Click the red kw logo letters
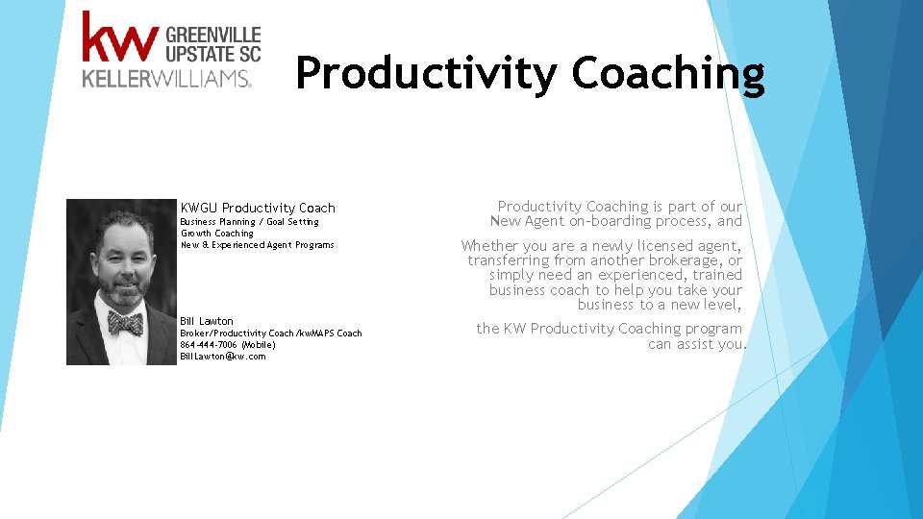coord(119,38)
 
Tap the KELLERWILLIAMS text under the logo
coord(166,79)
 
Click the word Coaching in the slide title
coord(668,73)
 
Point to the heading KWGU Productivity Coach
coord(258,208)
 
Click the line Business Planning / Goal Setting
coord(249,222)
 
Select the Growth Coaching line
coord(216,234)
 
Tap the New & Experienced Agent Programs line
coord(257,245)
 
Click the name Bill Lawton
coord(206,321)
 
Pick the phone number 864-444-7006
coord(208,345)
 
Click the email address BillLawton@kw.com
coord(222,357)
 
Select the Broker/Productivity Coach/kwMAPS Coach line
coord(270,334)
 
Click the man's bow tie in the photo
coord(125,322)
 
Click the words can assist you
coord(696,344)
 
